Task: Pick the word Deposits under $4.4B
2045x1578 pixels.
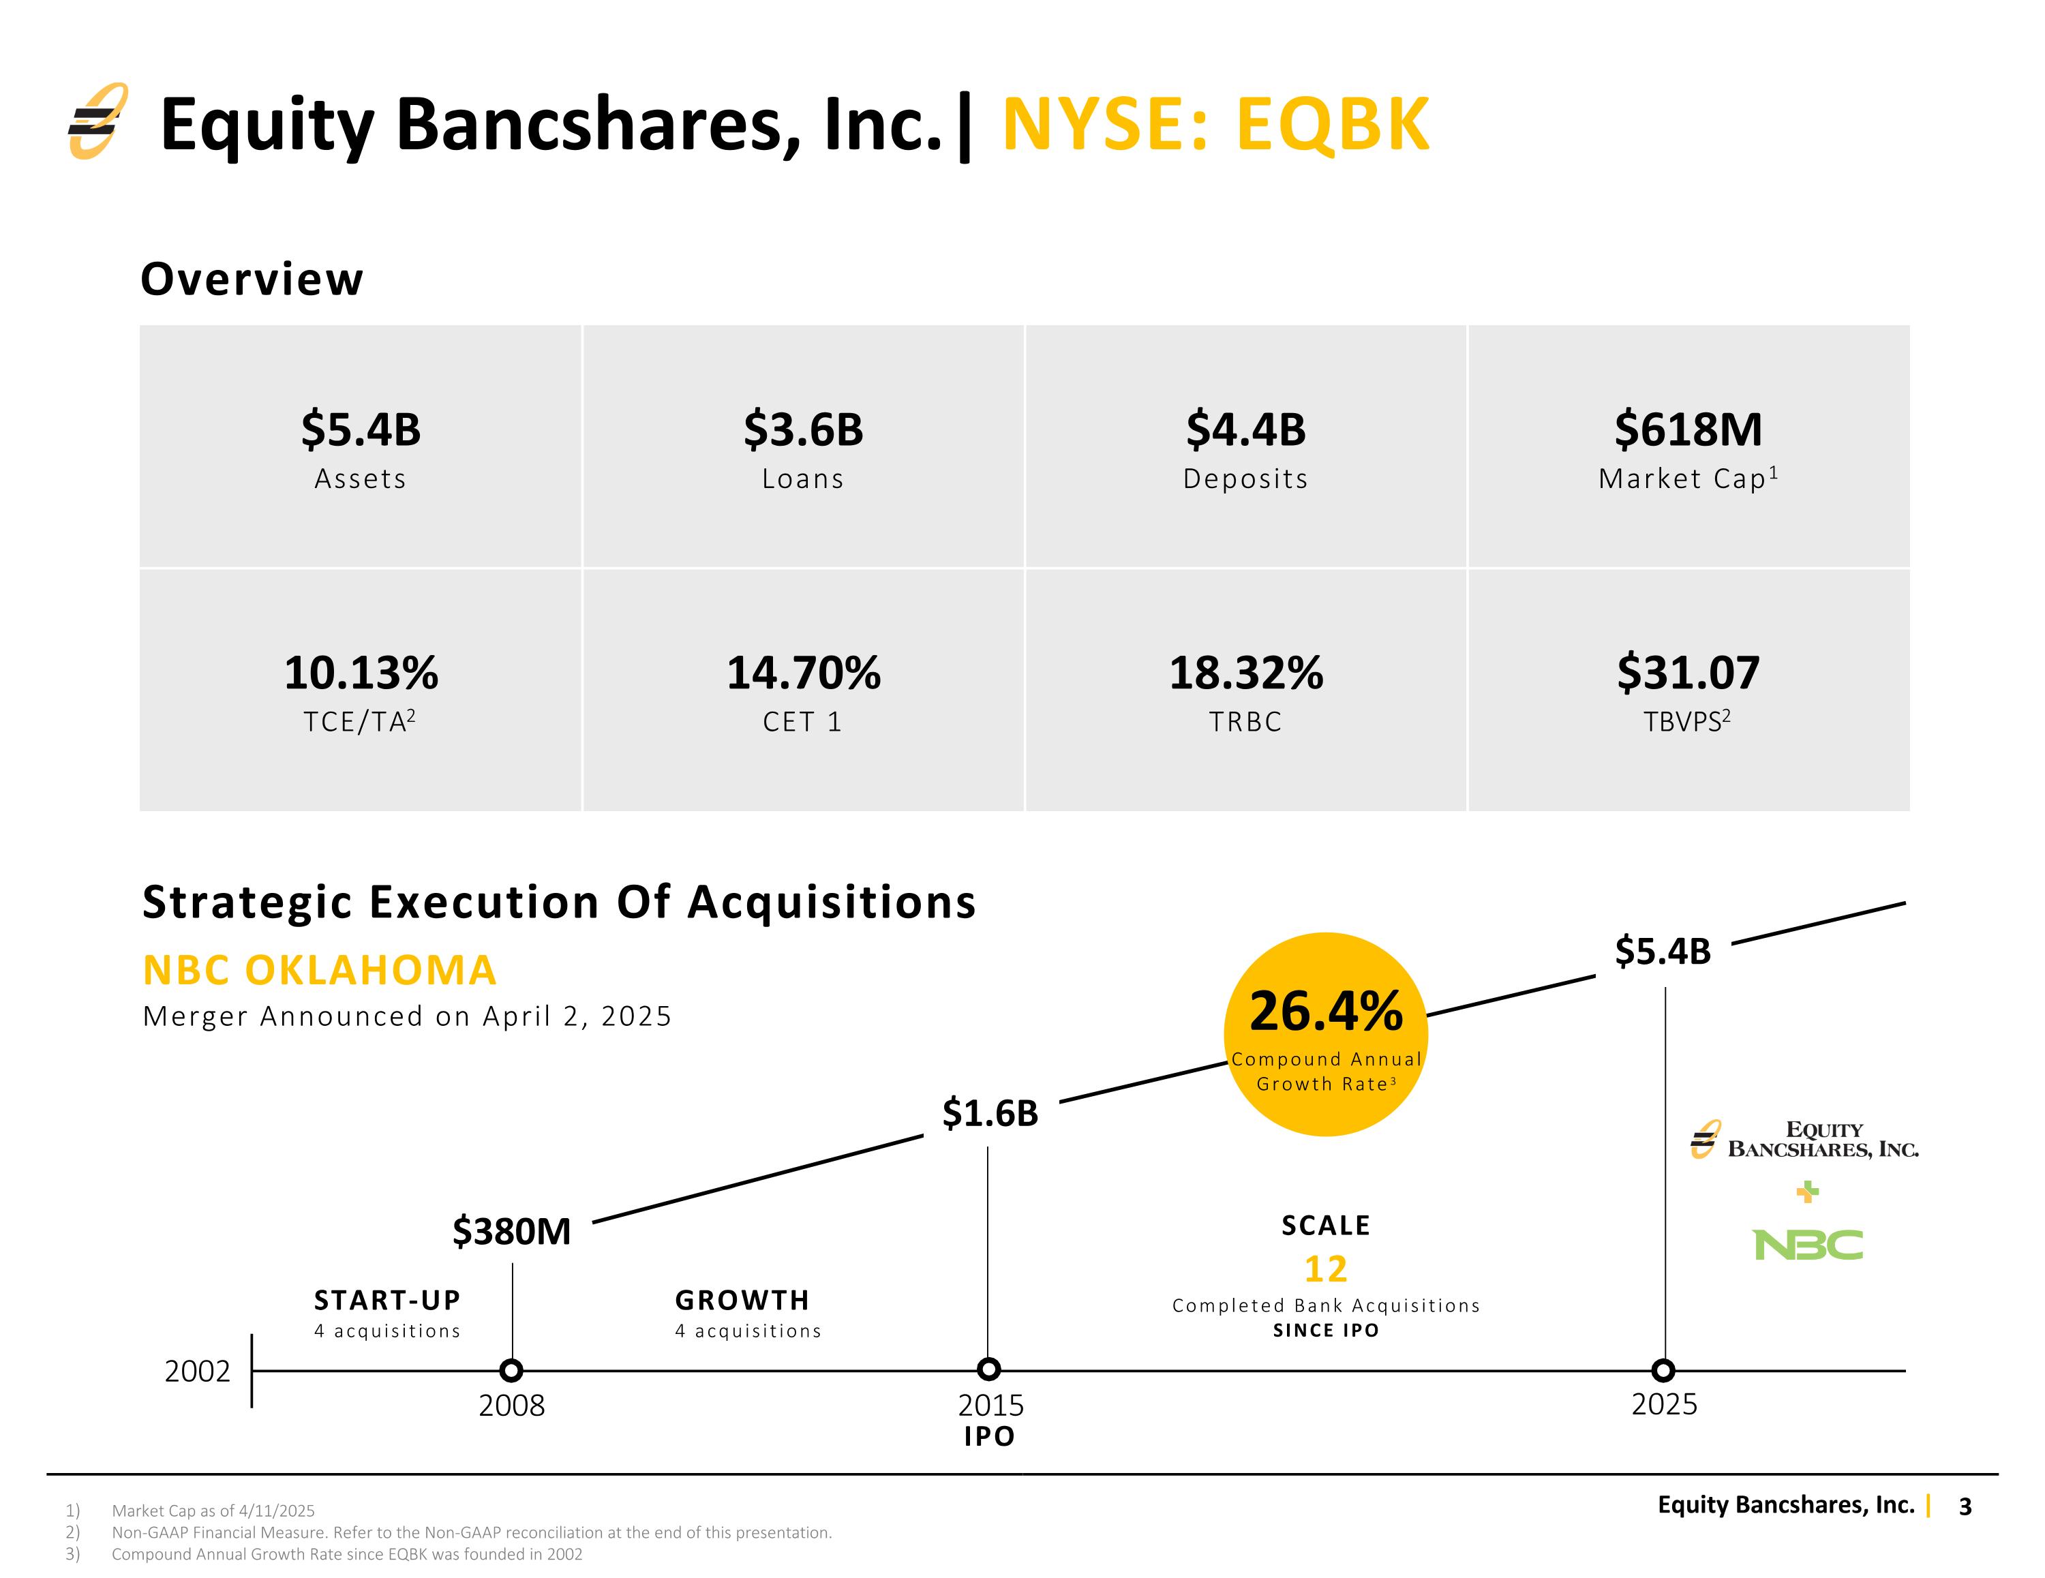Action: [x=1245, y=479]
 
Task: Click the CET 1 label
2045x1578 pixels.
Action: [x=802, y=722]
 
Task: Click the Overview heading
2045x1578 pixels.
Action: [x=252, y=279]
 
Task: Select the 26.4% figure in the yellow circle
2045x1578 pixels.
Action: [x=1326, y=1012]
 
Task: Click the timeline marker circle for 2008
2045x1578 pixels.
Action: [x=511, y=1370]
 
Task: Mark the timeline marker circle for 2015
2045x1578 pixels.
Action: [x=989, y=1370]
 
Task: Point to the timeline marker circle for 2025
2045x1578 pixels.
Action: [x=1663, y=1370]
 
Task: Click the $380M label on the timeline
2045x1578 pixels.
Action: [x=511, y=1232]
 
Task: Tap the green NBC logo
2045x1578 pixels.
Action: [x=1808, y=1245]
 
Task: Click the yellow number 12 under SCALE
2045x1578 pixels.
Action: [x=1326, y=1269]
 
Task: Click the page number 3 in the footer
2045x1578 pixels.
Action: [x=1965, y=1506]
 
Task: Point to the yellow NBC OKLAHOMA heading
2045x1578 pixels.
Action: [x=319, y=970]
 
